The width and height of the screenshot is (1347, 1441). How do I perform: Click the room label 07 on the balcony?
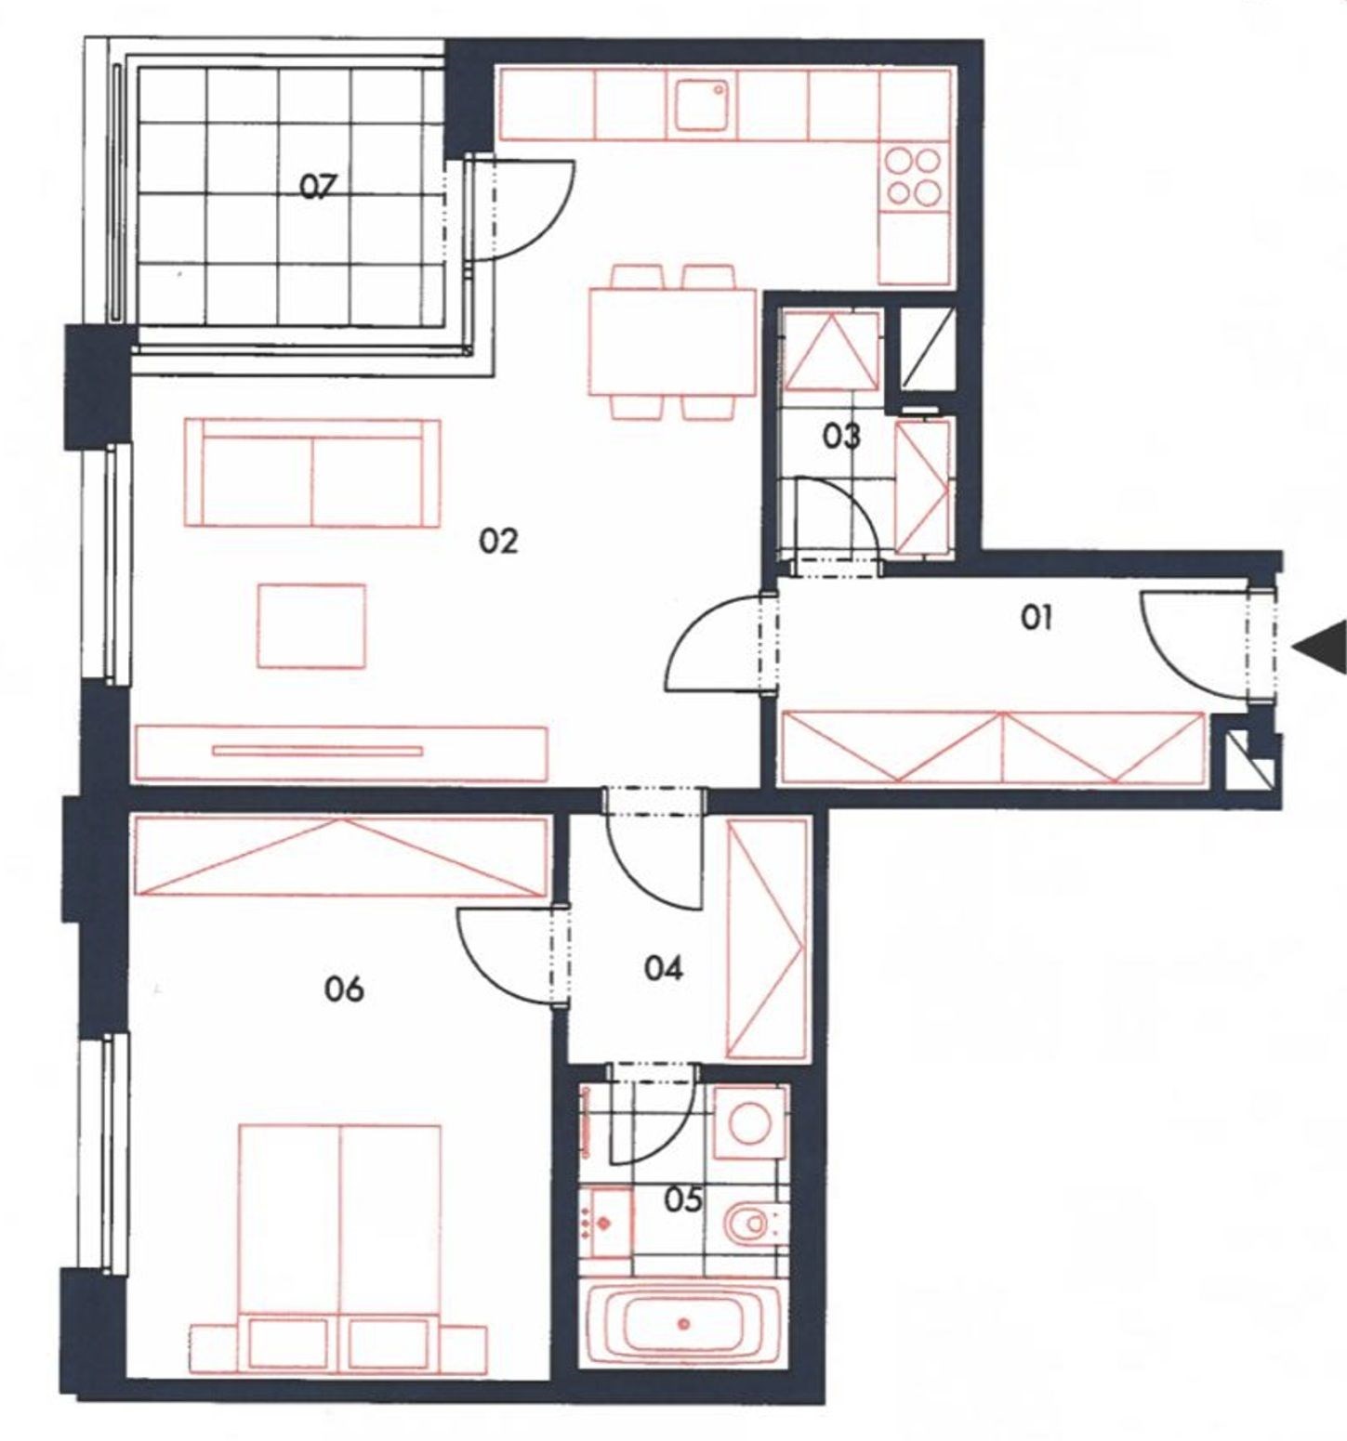[x=316, y=188]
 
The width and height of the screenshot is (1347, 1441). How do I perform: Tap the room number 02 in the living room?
[x=497, y=541]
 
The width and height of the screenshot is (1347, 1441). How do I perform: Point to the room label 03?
[x=841, y=436]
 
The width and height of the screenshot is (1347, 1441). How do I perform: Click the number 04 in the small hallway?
[x=664, y=968]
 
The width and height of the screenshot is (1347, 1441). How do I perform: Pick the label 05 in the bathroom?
[x=683, y=1199]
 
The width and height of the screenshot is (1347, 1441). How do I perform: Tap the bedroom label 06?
[x=344, y=989]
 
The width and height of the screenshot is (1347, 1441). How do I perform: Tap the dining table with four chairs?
[x=672, y=341]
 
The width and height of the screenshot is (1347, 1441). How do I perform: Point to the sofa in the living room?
[x=312, y=473]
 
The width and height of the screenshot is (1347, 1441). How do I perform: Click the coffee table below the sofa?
[x=311, y=625]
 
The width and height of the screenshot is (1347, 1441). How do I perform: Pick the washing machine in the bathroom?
[x=750, y=1122]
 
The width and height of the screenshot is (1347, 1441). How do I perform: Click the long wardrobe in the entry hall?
[x=993, y=747]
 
